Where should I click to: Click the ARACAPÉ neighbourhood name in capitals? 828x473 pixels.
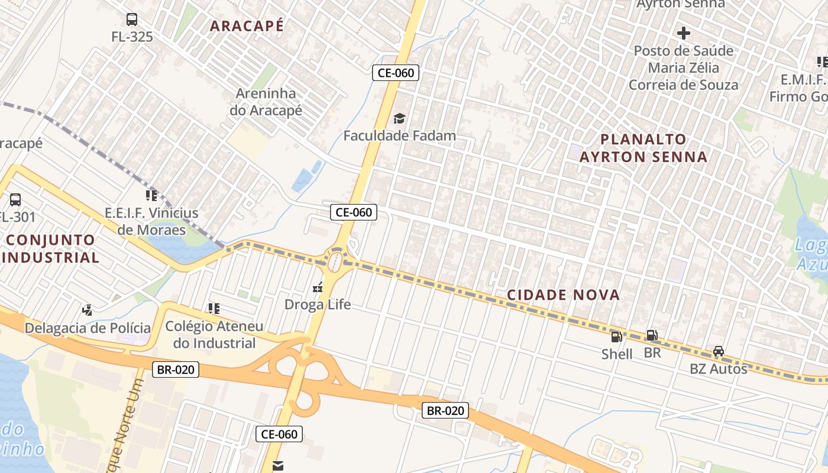[247, 26]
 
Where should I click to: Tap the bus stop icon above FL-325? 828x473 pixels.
[132, 20]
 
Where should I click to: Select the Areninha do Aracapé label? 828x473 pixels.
[269, 102]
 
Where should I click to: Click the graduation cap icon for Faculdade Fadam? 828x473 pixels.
[400, 118]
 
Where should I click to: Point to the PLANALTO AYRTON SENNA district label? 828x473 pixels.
[643, 148]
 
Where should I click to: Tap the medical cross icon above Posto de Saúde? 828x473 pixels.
[684, 33]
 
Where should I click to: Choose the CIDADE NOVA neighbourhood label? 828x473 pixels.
[564, 295]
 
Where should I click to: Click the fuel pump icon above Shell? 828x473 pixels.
[616, 336]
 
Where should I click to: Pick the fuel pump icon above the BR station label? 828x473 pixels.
[652, 335]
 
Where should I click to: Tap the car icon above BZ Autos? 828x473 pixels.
[719, 351]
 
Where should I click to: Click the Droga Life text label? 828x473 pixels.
[318, 304]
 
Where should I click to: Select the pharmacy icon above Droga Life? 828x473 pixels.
[318, 288]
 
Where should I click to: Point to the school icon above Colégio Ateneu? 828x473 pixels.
[214, 308]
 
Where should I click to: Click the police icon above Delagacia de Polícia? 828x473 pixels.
[88, 309]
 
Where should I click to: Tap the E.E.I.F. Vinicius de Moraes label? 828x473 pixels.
[151, 221]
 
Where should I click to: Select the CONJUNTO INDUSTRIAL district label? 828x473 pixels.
[51, 249]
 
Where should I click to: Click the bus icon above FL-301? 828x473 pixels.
[15, 199]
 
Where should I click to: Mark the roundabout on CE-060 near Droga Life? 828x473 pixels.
[335, 260]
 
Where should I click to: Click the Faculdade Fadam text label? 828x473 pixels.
[400, 135]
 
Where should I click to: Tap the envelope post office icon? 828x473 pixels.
[277, 465]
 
